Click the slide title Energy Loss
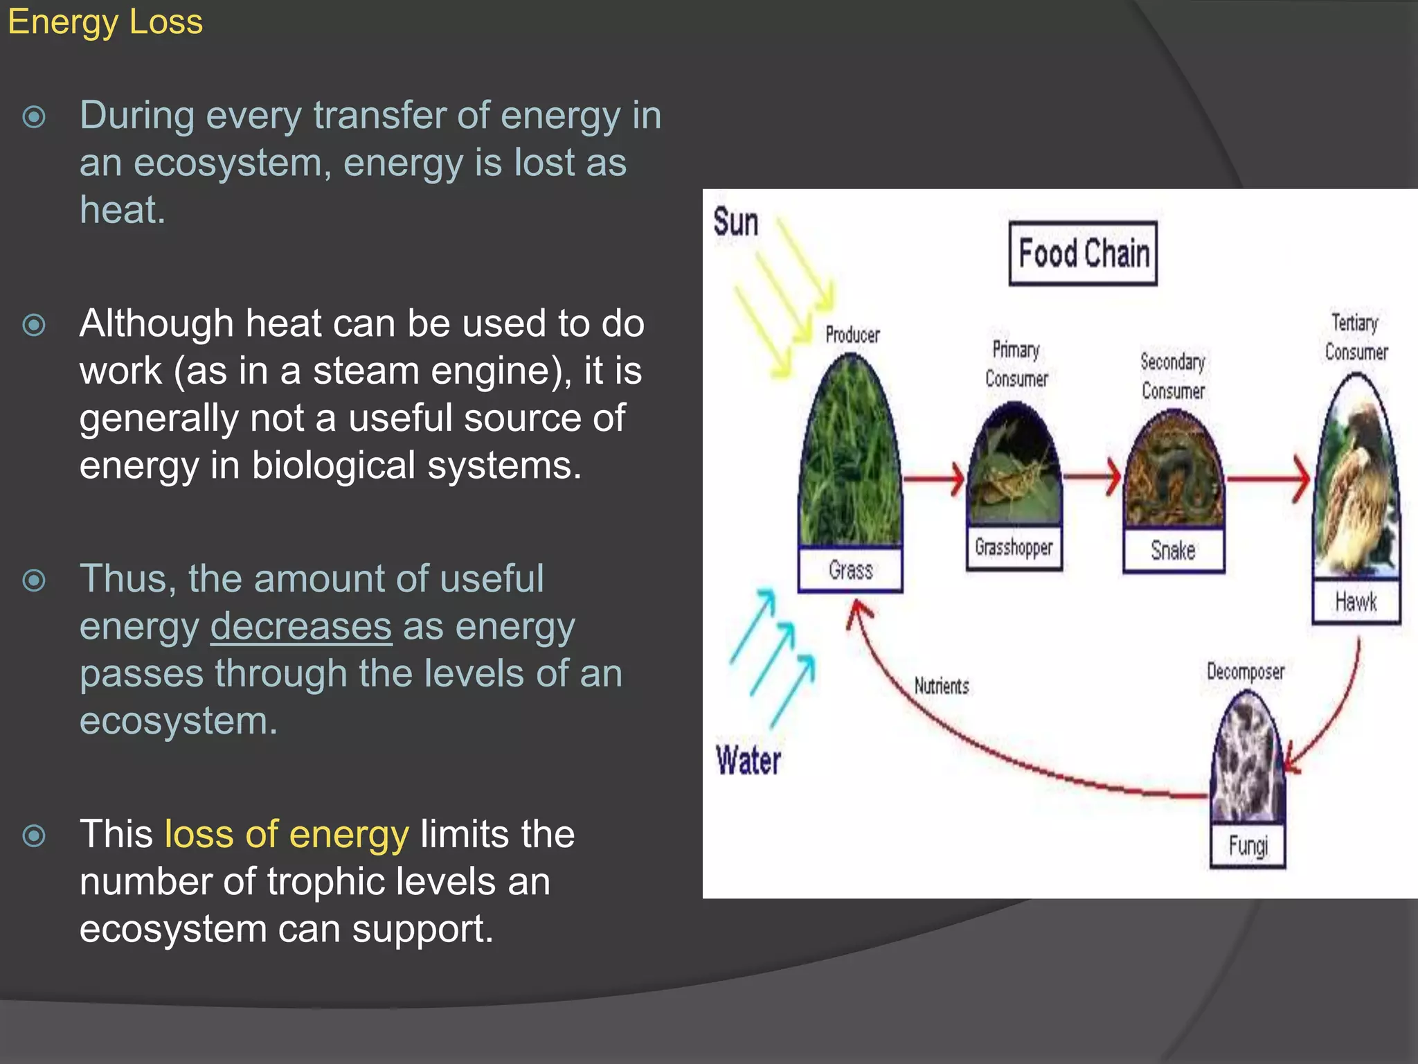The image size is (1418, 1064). [x=105, y=22]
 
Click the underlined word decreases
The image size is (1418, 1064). [x=301, y=626]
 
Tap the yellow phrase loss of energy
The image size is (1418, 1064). [x=287, y=834]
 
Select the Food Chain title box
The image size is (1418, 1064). [x=1083, y=254]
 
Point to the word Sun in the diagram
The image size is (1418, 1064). [x=735, y=223]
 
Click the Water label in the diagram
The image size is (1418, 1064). [x=748, y=761]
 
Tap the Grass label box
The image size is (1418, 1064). [x=850, y=570]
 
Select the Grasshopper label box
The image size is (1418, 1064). [x=1014, y=547]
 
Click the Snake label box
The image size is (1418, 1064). [x=1173, y=551]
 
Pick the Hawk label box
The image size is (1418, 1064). [x=1356, y=601]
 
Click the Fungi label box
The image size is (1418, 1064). [x=1248, y=846]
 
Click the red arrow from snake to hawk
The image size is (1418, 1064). [x=1267, y=478]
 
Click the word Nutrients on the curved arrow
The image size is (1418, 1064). [x=942, y=686]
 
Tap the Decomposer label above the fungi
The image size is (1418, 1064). [x=1245, y=671]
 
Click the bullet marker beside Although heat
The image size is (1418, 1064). [x=34, y=325]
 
